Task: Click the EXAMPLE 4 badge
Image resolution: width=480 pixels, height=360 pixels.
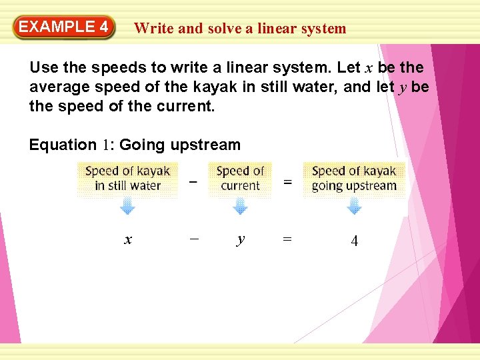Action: point(63,27)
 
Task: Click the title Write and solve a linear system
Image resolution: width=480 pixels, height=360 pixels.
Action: point(240,29)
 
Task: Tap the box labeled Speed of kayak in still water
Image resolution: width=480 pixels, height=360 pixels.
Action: point(128,179)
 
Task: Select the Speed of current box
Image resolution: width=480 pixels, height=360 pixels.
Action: point(241,179)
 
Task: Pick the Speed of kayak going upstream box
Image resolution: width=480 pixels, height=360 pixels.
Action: point(354,179)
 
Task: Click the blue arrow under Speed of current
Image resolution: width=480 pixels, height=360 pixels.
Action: point(240,207)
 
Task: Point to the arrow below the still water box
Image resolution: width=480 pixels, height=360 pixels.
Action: point(127,207)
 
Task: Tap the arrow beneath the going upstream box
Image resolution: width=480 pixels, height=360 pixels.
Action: point(354,207)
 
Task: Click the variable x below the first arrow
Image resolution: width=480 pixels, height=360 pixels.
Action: point(128,240)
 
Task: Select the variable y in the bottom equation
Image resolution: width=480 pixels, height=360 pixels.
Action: point(240,240)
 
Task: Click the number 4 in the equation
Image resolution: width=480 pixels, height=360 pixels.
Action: point(354,241)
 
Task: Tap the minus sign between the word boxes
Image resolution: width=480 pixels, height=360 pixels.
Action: point(193,181)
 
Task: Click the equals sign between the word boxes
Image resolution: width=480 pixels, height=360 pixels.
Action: point(287,181)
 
